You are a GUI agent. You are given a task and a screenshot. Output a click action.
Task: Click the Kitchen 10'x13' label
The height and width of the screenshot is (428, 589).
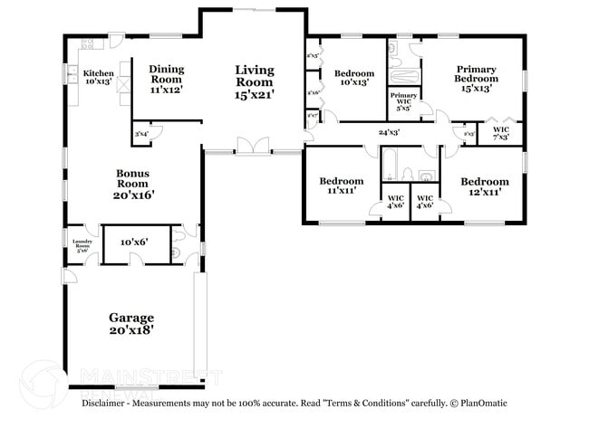pyautogui.click(x=98, y=78)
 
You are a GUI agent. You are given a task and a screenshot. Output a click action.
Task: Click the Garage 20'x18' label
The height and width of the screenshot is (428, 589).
pyautogui.click(x=131, y=324)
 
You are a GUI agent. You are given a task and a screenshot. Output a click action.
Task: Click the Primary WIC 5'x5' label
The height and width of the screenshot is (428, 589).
pyautogui.click(x=402, y=100)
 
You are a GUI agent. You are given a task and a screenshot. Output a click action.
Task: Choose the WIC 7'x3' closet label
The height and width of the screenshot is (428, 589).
pyautogui.click(x=500, y=133)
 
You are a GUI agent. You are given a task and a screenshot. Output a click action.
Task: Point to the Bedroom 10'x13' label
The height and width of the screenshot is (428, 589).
pyautogui.click(x=353, y=79)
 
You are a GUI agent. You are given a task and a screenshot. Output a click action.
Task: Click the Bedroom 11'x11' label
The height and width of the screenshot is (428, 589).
pyautogui.click(x=341, y=185)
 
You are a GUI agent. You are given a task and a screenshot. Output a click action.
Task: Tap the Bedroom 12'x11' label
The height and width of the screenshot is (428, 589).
pyautogui.click(x=480, y=185)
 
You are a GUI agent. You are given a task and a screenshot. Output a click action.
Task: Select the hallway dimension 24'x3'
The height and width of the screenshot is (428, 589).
pyautogui.click(x=389, y=133)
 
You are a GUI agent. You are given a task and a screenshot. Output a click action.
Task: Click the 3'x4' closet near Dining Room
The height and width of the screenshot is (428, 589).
pyautogui.click(x=141, y=134)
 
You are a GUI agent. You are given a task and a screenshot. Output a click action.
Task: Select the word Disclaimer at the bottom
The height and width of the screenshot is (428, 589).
pyautogui.click(x=107, y=403)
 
